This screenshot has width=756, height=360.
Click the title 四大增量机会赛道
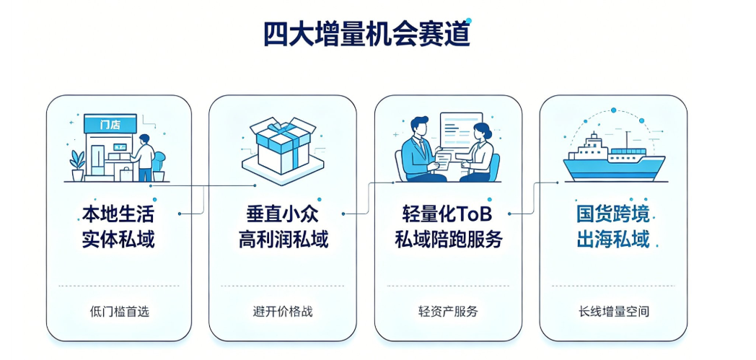(x=367, y=34)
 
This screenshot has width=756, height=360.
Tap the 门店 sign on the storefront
(x=110, y=124)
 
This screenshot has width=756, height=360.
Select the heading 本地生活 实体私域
(x=118, y=227)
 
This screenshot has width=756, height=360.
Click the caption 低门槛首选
(x=120, y=312)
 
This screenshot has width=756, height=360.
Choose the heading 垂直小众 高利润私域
(x=283, y=227)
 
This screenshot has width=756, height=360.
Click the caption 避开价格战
(x=283, y=312)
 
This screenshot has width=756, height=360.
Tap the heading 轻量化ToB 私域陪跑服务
(x=449, y=227)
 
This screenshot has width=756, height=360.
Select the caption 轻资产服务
(x=449, y=312)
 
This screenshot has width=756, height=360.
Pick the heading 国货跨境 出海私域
(x=613, y=227)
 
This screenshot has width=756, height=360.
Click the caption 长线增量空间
(x=613, y=312)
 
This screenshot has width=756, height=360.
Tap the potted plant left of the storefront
(x=77, y=166)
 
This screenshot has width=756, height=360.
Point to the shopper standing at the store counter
(x=144, y=157)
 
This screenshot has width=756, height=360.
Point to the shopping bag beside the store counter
(x=126, y=173)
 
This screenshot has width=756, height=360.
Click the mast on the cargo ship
(x=627, y=140)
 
